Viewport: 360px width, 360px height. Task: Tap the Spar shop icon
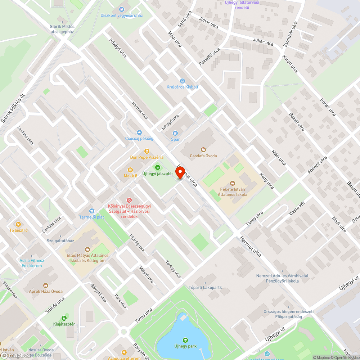tap(175, 133)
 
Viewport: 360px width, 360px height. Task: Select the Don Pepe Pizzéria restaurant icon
tap(147, 151)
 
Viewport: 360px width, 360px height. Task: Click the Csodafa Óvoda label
tap(203, 156)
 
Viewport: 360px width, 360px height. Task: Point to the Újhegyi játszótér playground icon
tap(157, 167)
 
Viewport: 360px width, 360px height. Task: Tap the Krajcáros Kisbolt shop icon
tap(182, 81)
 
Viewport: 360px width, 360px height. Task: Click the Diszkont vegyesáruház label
tap(122, 15)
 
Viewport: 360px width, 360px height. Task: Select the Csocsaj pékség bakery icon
tap(139, 132)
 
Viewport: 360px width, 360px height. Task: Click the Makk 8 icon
tap(130, 170)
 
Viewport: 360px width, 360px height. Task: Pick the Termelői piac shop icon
tap(91, 211)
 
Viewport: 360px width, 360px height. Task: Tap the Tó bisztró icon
tap(18, 224)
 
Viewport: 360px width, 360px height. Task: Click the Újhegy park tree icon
tap(185, 340)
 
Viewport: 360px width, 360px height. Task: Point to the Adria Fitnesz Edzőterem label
tap(32, 263)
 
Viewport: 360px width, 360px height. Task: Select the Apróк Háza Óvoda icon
tap(46, 285)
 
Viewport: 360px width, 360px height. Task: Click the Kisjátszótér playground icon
tap(64, 318)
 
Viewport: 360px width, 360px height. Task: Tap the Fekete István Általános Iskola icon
tap(233, 183)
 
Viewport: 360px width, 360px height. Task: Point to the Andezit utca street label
tap(317, 165)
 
